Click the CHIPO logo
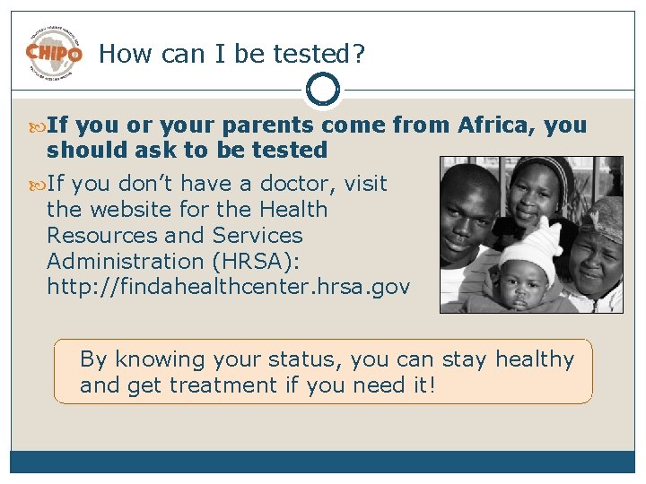[x=53, y=53]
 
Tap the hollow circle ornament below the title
[x=323, y=90]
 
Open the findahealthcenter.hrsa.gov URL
[x=228, y=288]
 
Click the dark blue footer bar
[x=323, y=461]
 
